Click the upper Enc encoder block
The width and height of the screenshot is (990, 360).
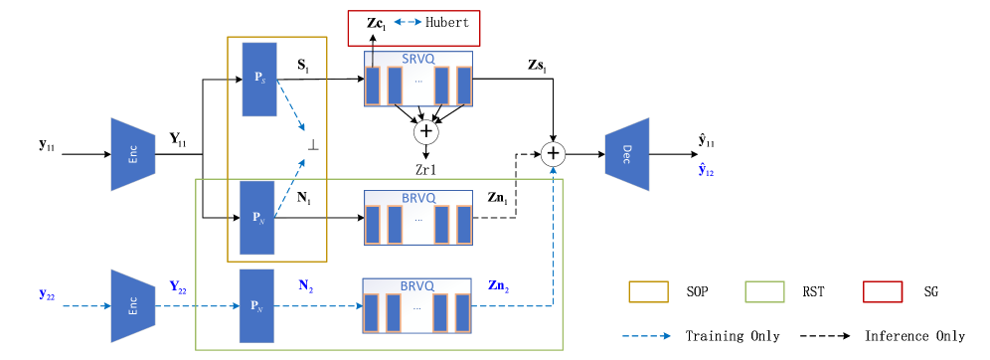[132, 154]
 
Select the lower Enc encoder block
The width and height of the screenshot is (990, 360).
[132, 305]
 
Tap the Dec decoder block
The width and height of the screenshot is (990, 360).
[627, 154]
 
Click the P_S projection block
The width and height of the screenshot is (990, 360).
[259, 79]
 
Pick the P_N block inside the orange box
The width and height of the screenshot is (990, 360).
[257, 217]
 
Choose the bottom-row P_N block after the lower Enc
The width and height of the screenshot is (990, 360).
[256, 305]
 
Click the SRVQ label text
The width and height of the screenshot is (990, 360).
[417, 59]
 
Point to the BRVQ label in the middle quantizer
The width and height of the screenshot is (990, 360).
[417, 198]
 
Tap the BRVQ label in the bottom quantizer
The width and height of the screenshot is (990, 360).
[416, 285]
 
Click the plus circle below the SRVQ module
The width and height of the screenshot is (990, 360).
[425, 131]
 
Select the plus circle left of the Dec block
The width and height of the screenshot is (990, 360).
[553, 154]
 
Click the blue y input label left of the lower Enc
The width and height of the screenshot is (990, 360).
[47, 294]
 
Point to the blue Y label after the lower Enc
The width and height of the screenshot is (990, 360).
[178, 287]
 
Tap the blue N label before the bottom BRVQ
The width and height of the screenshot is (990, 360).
[305, 285]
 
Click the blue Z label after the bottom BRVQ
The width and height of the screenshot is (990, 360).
[498, 286]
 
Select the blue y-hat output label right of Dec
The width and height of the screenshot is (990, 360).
[706, 171]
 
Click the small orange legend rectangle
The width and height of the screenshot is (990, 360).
[648, 291]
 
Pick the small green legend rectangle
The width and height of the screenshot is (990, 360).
[764, 291]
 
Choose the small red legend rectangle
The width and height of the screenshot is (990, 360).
[883, 291]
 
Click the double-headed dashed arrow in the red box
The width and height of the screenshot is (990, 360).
[408, 22]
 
